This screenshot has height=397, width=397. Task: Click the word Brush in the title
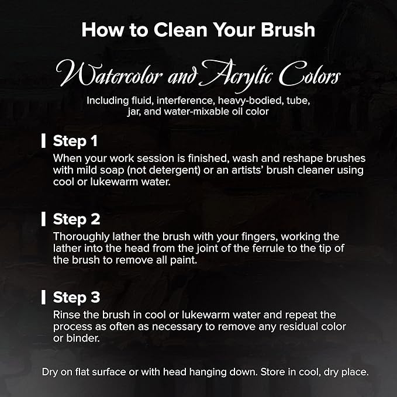(x=288, y=30)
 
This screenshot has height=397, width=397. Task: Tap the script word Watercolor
(x=109, y=74)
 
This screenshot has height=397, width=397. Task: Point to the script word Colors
(x=310, y=74)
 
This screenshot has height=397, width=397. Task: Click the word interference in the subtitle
(x=185, y=101)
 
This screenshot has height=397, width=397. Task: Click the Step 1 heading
(x=75, y=141)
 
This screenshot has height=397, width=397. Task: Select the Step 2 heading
(x=77, y=219)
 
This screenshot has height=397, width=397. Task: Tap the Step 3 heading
(x=77, y=298)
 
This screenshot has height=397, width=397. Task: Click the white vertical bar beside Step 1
(x=43, y=141)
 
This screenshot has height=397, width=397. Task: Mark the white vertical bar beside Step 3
(x=43, y=297)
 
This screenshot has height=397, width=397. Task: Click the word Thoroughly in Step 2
(x=81, y=237)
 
